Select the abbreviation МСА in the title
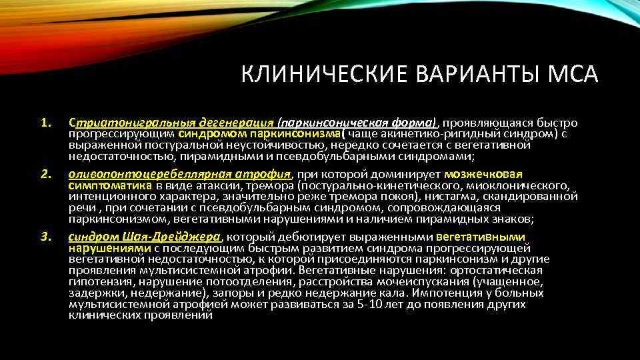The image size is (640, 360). click(x=574, y=74)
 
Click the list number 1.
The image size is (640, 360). click(x=45, y=123)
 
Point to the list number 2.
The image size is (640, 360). click(x=45, y=174)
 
